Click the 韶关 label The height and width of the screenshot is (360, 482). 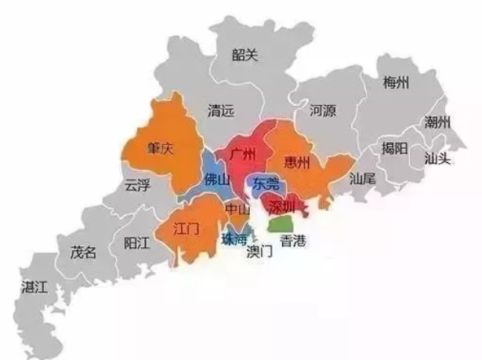(245, 54)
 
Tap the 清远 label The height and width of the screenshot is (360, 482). (220, 111)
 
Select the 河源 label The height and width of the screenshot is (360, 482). (322, 111)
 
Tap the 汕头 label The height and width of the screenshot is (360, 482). (437, 158)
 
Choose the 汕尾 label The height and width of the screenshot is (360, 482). (363, 179)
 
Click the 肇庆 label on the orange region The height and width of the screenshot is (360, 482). (160, 148)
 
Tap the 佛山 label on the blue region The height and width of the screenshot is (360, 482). (217, 180)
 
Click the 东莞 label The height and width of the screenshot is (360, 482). (266, 184)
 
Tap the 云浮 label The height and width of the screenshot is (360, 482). (136, 185)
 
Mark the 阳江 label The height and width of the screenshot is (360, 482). (136, 244)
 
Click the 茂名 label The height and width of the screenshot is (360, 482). (83, 253)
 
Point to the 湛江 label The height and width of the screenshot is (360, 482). (35, 287)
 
